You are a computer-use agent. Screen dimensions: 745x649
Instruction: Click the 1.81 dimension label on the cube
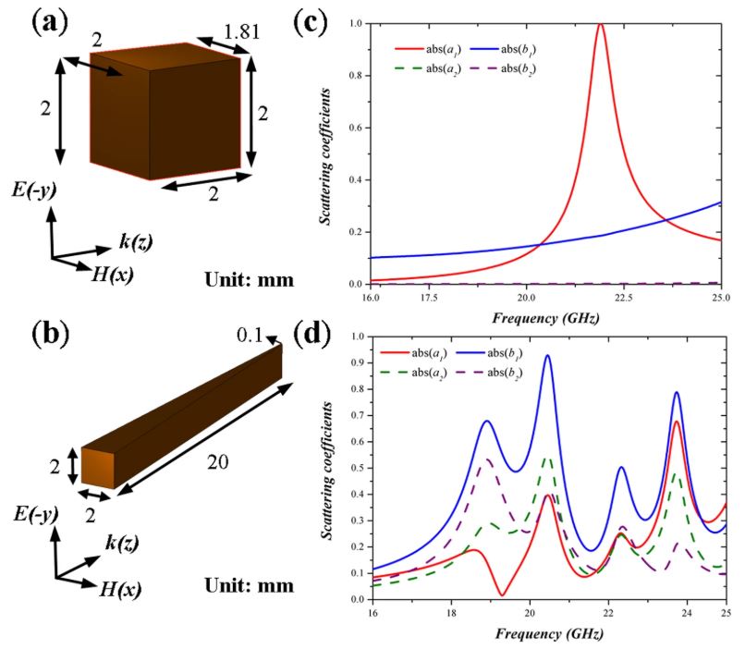241,32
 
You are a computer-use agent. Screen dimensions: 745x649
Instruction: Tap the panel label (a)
50,23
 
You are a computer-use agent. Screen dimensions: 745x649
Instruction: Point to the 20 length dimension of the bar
217,462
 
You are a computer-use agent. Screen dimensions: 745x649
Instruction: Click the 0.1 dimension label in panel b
250,336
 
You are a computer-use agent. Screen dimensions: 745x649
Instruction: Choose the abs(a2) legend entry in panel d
413,373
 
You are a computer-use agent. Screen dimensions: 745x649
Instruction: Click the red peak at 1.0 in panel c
601,24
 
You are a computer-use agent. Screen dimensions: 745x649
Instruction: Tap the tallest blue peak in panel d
548,355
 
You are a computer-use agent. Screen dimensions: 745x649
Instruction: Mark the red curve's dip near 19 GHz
502,594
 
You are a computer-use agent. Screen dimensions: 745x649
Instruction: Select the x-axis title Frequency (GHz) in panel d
549,633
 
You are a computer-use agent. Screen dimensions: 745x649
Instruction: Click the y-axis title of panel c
325,156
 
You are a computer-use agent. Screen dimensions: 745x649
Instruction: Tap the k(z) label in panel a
136,242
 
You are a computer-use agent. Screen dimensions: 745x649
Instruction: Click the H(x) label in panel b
120,590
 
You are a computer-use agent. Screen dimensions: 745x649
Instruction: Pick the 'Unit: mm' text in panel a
250,279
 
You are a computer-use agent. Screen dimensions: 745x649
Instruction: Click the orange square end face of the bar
98,469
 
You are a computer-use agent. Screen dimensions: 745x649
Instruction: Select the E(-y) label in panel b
36,514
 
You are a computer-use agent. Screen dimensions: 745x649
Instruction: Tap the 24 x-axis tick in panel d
687,613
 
